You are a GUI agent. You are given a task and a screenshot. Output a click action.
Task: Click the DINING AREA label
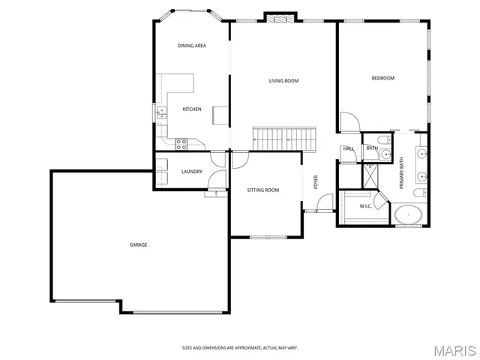192,46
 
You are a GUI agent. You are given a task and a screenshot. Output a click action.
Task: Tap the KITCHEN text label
192,109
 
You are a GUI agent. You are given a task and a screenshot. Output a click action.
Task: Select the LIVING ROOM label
284,81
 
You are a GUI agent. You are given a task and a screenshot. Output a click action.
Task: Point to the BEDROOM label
382,78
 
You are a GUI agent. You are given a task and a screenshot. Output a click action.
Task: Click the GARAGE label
138,244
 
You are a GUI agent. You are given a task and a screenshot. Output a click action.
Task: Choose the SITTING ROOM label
263,190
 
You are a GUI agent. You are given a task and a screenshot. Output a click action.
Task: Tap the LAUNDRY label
192,172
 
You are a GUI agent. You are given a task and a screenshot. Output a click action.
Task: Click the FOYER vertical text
316,182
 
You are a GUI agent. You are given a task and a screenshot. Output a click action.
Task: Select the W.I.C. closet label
365,205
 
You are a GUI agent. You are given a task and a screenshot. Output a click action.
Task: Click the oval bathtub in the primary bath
408,216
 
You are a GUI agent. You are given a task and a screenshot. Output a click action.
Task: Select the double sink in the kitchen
161,113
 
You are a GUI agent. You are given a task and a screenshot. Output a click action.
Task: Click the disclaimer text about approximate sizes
240,348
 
